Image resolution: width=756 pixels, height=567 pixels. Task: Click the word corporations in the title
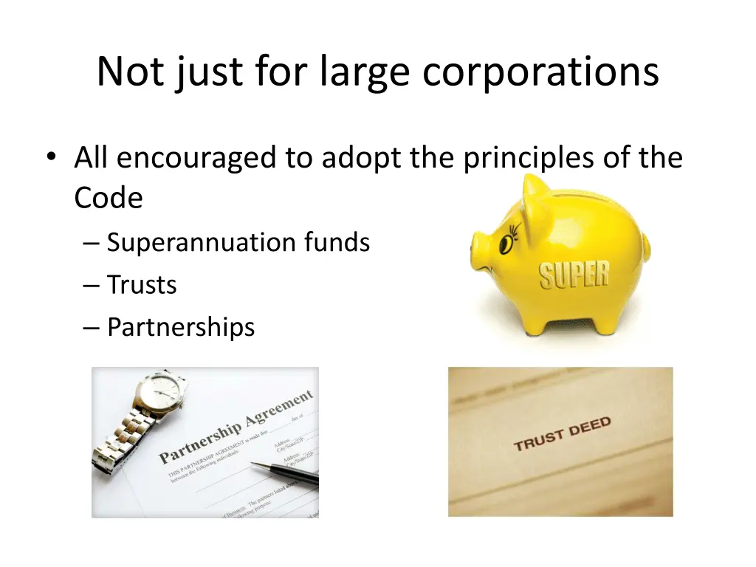click(541, 72)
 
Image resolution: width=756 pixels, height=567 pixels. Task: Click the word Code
click(108, 198)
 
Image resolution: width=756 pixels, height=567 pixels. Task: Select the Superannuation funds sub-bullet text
click(238, 242)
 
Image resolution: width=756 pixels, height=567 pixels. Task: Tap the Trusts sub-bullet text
click(142, 284)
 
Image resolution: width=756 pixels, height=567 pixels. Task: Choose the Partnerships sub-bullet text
click(181, 326)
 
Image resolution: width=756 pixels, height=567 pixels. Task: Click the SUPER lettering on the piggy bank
click(574, 275)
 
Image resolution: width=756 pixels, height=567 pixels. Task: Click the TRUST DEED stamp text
click(562, 434)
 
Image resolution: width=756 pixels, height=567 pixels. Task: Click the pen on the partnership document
click(284, 472)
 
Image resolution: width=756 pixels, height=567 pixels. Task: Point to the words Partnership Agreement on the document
click(236, 427)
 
